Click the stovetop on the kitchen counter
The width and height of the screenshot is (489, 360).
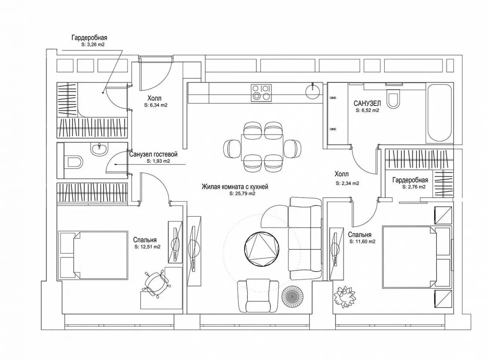coord(261,93)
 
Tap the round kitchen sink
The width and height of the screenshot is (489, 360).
coord(313,92)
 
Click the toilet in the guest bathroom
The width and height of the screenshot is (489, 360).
coord(73,162)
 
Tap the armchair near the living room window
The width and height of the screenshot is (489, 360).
coord(258,296)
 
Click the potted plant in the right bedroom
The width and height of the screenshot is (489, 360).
coord(345,297)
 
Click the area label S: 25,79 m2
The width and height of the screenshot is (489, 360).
coord(242,193)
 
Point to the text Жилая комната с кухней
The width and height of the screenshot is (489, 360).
coord(235,187)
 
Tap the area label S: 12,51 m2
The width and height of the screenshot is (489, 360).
coord(148,247)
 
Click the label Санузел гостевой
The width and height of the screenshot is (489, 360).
coord(153,154)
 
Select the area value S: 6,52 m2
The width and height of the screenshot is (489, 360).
coord(367,110)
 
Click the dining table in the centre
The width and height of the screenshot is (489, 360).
coord(262,148)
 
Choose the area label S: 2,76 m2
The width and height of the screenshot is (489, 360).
coord(414,187)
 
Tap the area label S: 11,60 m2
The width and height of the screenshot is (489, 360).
coord(362,242)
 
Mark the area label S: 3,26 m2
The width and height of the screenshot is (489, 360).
coord(93,44)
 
